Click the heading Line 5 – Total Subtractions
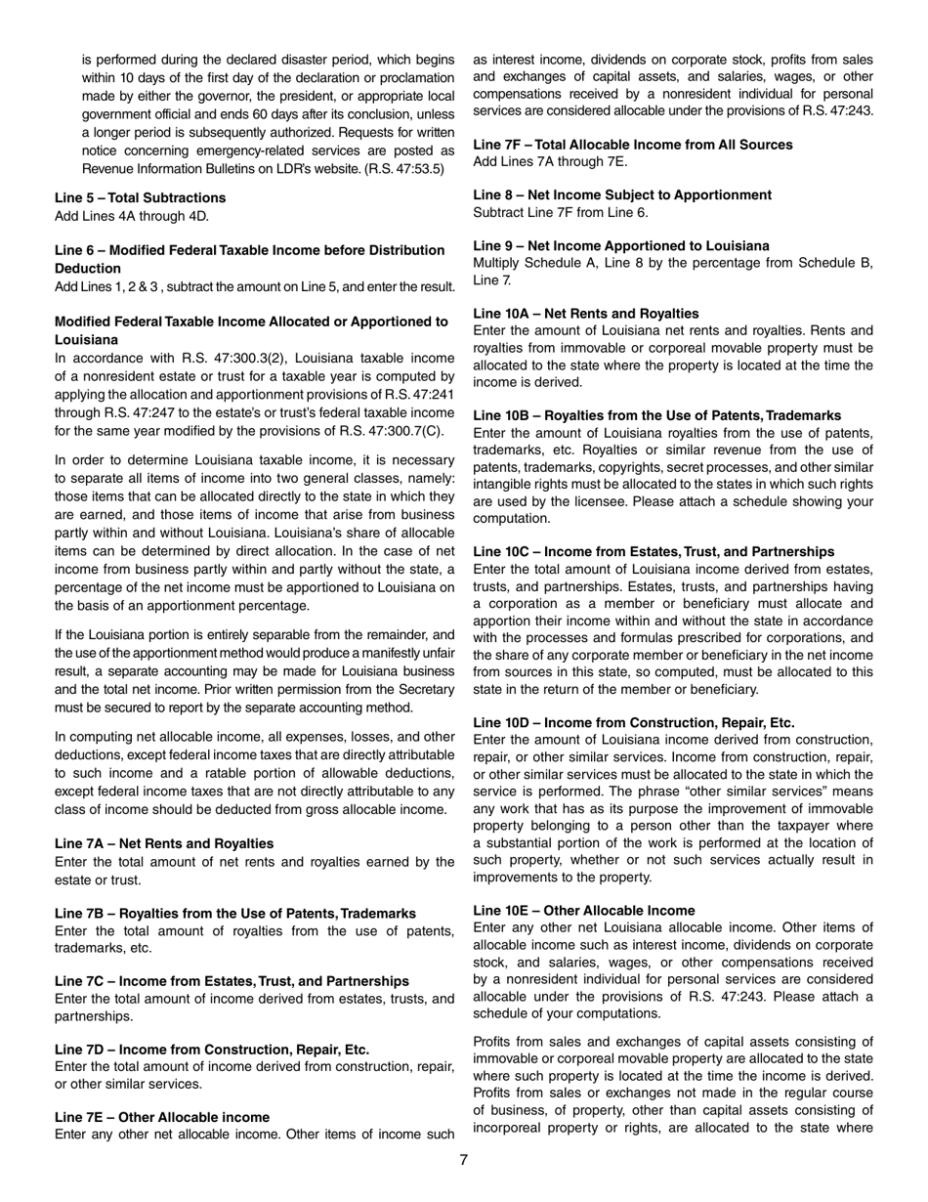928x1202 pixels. [x=140, y=197]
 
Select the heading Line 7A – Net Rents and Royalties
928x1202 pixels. [x=164, y=843]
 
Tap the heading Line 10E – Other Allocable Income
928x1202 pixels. [x=584, y=910]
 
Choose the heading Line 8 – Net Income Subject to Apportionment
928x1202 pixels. [x=622, y=194]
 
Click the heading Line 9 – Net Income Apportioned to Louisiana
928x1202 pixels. [x=621, y=245]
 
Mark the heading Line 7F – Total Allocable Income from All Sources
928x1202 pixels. [x=633, y=145]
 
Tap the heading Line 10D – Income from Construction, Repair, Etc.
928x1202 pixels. [x=634, y=722]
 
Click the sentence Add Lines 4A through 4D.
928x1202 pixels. [x=131, y=216]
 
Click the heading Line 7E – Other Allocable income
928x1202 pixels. [x=162, y=1117]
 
